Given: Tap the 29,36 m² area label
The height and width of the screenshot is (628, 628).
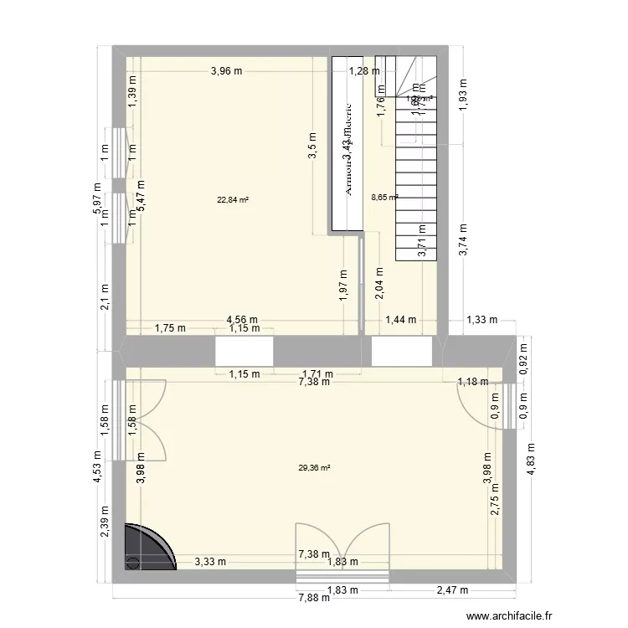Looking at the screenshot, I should [314, 468].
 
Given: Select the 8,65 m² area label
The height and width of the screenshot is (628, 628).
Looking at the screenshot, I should [384, 198].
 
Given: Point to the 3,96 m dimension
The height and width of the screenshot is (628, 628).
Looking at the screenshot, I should [227, 71].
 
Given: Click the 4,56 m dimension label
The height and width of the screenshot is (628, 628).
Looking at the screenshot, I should [243, 318].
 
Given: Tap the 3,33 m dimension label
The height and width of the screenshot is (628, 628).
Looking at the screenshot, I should [210, 564].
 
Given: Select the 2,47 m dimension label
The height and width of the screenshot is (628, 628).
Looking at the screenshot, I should [450, 590].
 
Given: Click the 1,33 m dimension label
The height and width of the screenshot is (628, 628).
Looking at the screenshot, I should [481, 319].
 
